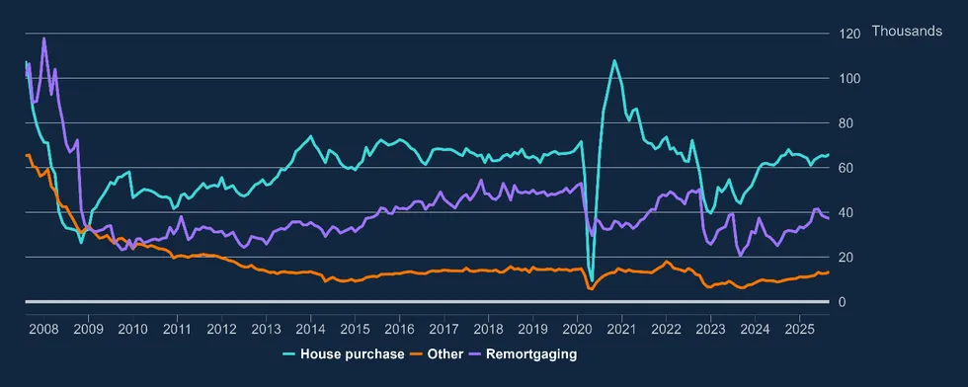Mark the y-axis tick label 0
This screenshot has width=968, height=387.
(842, 302)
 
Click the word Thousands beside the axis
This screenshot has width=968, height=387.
(907, 33)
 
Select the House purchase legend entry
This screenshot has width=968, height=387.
(343, 353)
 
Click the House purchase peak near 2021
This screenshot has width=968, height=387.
(614, 60)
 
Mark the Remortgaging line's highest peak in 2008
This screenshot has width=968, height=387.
(43, 39)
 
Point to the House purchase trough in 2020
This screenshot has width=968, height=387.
(591, 281)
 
